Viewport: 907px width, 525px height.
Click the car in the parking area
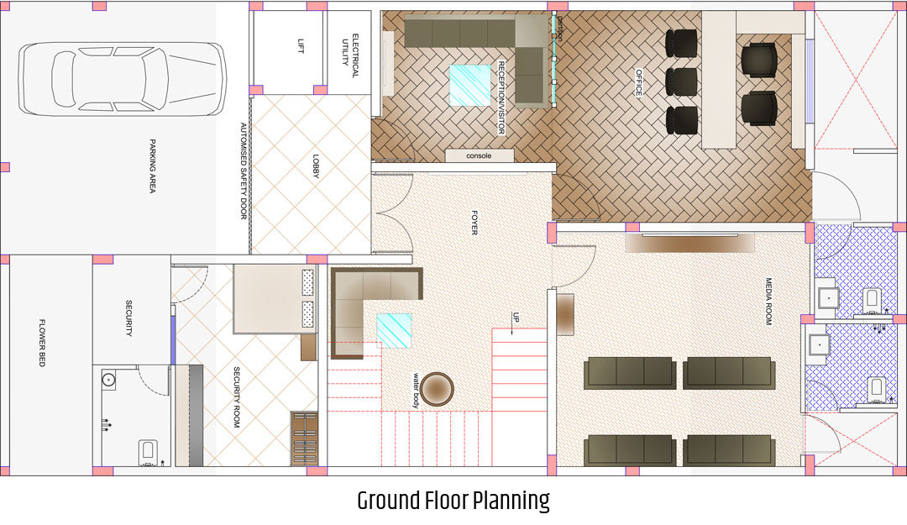click(x=122, y=79)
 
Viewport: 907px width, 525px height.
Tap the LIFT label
click(x=300, y=46)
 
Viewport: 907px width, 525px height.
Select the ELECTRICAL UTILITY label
click(x=350, y=55)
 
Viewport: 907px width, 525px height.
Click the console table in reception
click(x=480, y=155)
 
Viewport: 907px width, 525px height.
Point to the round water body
click(x=437, y=389)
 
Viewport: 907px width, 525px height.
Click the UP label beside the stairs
click(x=516, y=318)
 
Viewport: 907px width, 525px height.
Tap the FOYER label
click(x=474, y=223)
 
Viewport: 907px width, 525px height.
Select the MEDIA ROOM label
click(x=768, y=301)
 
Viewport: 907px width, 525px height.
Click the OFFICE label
click(x=639, y=83)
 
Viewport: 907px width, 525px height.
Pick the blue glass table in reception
click(x=470, y=85)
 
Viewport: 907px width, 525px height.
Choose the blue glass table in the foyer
click(x=395, y=330)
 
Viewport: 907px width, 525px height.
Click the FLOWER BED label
click(x=42, y=343)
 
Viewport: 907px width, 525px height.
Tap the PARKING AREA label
click(x=152, y=165)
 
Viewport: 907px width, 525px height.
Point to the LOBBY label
click(x=316, y=166)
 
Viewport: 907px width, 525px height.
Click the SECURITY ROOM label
click(x=236, y=397)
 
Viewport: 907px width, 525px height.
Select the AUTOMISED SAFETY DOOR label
click(x=244, y=171)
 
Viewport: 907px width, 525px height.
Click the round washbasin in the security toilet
click(x=108, y=381)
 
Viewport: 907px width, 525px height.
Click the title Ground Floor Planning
click(x=453, y=501)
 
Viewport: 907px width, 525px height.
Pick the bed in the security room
click(x=275, y=299)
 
